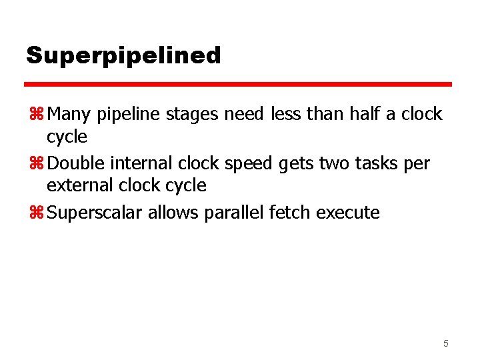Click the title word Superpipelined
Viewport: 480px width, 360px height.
(x=123, y=55)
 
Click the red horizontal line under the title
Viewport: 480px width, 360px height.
(x=238, y=85)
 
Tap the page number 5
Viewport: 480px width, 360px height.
(x=446, y=343)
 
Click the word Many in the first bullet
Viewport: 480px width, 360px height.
(x=70, y=115)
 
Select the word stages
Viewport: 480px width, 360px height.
(x=191, y=115)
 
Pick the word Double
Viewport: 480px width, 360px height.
(x=77, y=163)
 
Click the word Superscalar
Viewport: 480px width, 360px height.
(x=95, y=213)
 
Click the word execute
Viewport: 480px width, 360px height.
(x=348, y=213)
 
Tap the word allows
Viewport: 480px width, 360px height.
(x=170, y=213)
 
